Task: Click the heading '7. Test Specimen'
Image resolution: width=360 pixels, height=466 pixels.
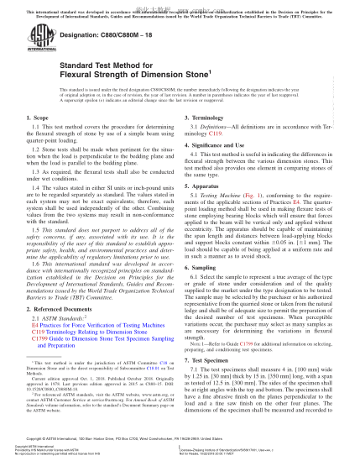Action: tap(212, 383)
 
